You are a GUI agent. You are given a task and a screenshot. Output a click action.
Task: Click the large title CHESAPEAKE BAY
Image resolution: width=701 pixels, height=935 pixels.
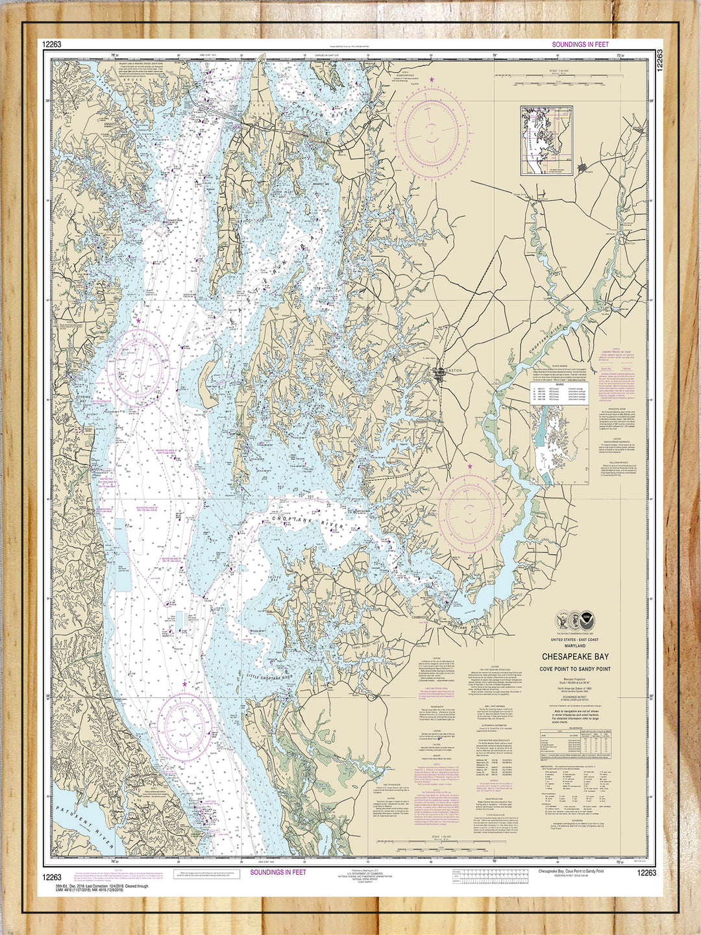(575, 656)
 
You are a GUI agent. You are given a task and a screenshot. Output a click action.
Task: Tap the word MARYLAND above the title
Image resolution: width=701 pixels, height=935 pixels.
(575, 647)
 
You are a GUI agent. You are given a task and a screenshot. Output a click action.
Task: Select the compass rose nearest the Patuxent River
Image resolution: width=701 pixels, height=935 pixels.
(188, 723)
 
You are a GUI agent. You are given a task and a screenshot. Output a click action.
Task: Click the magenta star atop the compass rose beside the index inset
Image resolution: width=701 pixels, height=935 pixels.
(432, 79)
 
